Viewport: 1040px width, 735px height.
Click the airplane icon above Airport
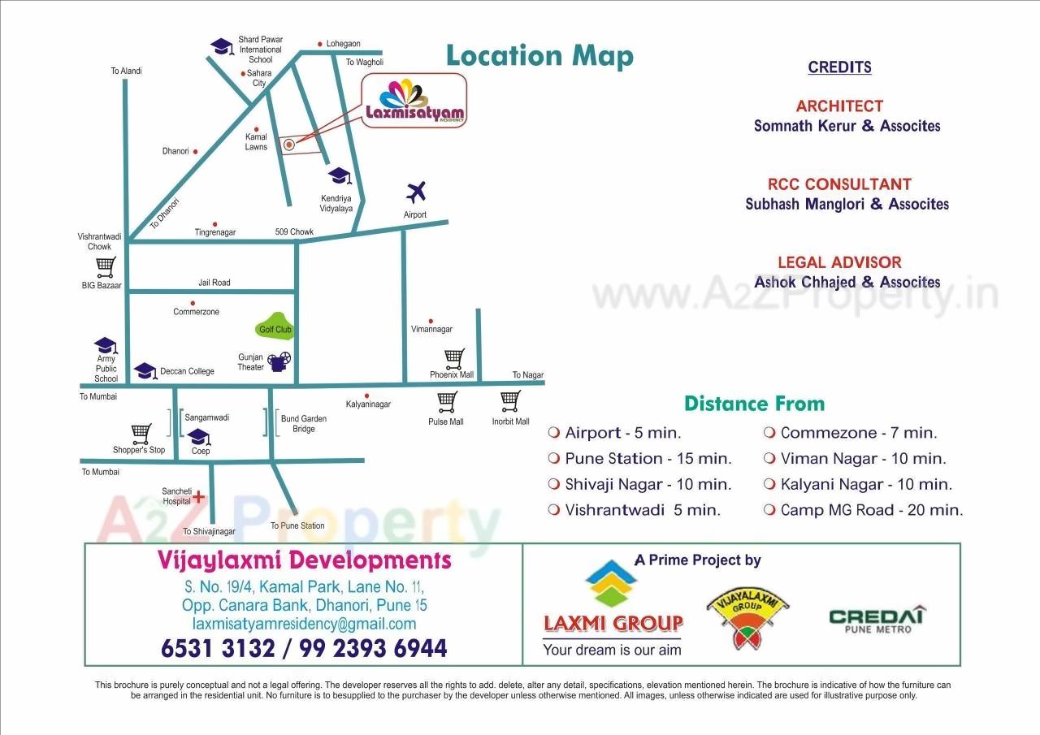tap(416, 192)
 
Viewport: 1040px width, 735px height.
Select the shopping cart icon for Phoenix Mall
tap(454, 358)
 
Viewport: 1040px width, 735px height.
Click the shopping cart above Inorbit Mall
tap(510, 400)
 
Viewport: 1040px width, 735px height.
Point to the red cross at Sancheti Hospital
tap(198, 497)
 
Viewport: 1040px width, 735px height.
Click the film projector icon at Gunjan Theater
tap(280, 361)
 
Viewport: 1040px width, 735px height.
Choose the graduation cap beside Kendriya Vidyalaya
tap(339, 176)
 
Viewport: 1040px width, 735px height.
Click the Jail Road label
tap(214, 283)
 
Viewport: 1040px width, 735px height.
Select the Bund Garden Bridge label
tap(303, 424)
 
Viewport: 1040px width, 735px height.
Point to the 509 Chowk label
tap(293, 232)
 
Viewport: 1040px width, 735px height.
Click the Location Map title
tap(539, 56)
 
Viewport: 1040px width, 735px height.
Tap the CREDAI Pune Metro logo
tap(877, 620)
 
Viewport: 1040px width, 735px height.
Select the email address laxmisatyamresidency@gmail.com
tap(304, 624)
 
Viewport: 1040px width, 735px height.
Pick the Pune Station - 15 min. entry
tap(648, 459)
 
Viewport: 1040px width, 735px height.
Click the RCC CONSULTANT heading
tap(839, 184)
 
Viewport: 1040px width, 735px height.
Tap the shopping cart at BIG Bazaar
tap(106, 266)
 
